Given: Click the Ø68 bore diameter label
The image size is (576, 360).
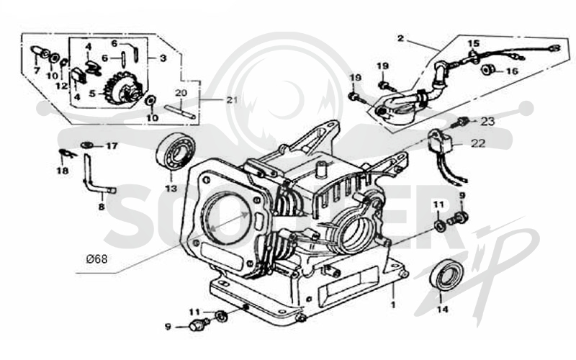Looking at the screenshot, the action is pyautogui.click(x=97, y=259).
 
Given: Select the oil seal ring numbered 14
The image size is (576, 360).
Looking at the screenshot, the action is pyautogui.click(x=447, y=274).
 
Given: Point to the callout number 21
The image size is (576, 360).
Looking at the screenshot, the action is pyautogui.click(x=232, y=99).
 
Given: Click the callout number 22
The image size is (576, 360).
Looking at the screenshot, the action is pyautogui.click(x=478, y=143).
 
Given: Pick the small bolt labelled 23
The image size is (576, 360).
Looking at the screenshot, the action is pyautogui.click(x=463, y=122).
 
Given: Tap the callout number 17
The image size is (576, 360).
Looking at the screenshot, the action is pyautogui.click(x=112, y=146).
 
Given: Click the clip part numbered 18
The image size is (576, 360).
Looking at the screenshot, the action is pyautogui.click(x=68, y=153).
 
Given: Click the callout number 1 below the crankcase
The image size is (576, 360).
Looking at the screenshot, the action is pyautogui.click(x=392, y=305).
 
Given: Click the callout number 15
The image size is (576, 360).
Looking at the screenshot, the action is pyautogui.click(x=474, y=43).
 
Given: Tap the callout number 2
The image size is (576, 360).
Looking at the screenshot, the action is pyautogui.click(x=400, y=38).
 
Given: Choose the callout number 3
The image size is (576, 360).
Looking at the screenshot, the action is pyautogui.click(x=163, y=58).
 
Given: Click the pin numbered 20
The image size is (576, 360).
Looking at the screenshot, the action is pyautogui.click(x=179, y=112).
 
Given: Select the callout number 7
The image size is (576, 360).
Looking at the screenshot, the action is pyautogui.click(x=37, y=70).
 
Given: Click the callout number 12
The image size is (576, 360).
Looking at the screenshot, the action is pyautogui.click(x=62, y=86).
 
